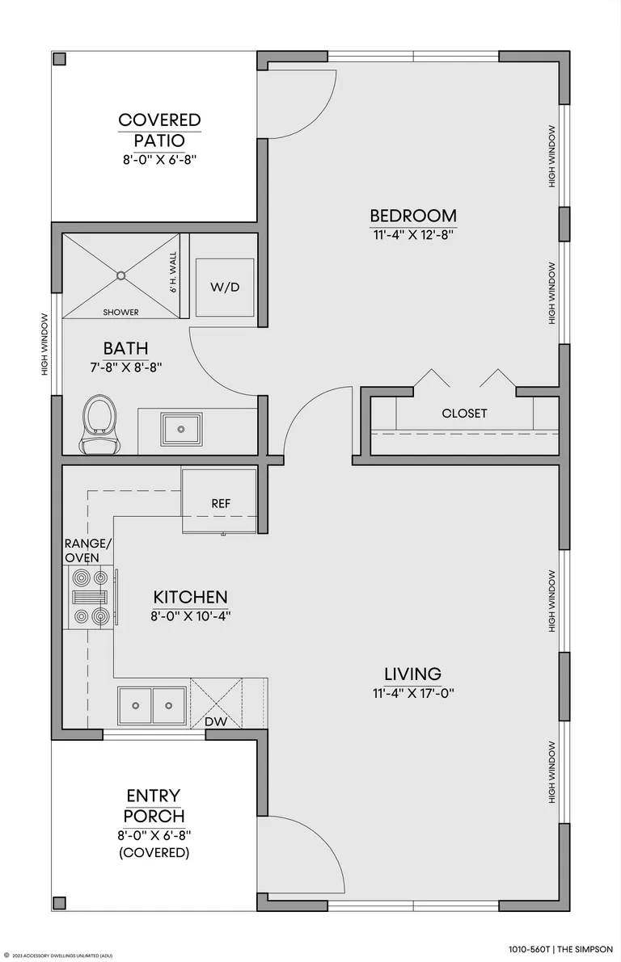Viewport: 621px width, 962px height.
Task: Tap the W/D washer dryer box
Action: click(225, 287)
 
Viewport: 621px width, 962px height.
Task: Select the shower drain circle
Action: click(121, 275)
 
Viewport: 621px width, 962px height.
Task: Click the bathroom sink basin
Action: click(180, 429)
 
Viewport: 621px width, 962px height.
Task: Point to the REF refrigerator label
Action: click(221, 504)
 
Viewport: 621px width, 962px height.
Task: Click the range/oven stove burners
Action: click(91, 597)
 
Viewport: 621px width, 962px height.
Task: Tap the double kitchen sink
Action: click(152, 706)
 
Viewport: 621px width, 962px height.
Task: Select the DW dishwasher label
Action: click(216, 721)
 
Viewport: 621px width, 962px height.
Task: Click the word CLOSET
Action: click(464, 414)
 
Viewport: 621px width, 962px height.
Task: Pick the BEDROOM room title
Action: click(412, 216)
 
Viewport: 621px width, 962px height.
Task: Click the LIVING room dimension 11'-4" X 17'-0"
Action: click(412, 693)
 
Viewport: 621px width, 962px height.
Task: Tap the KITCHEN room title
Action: click(190, 597)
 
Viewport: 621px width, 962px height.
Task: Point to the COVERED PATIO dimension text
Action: click(159, 159)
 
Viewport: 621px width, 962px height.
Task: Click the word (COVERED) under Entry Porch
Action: click(154, 853)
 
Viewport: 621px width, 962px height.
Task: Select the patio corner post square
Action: click(60, 59)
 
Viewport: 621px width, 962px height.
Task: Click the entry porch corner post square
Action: click(60, 903)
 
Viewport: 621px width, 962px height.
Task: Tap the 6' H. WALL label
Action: click(172, 272)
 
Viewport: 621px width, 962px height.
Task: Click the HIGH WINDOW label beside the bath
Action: click(44, 345)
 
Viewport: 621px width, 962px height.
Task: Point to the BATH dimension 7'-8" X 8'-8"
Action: click(126, 368)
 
